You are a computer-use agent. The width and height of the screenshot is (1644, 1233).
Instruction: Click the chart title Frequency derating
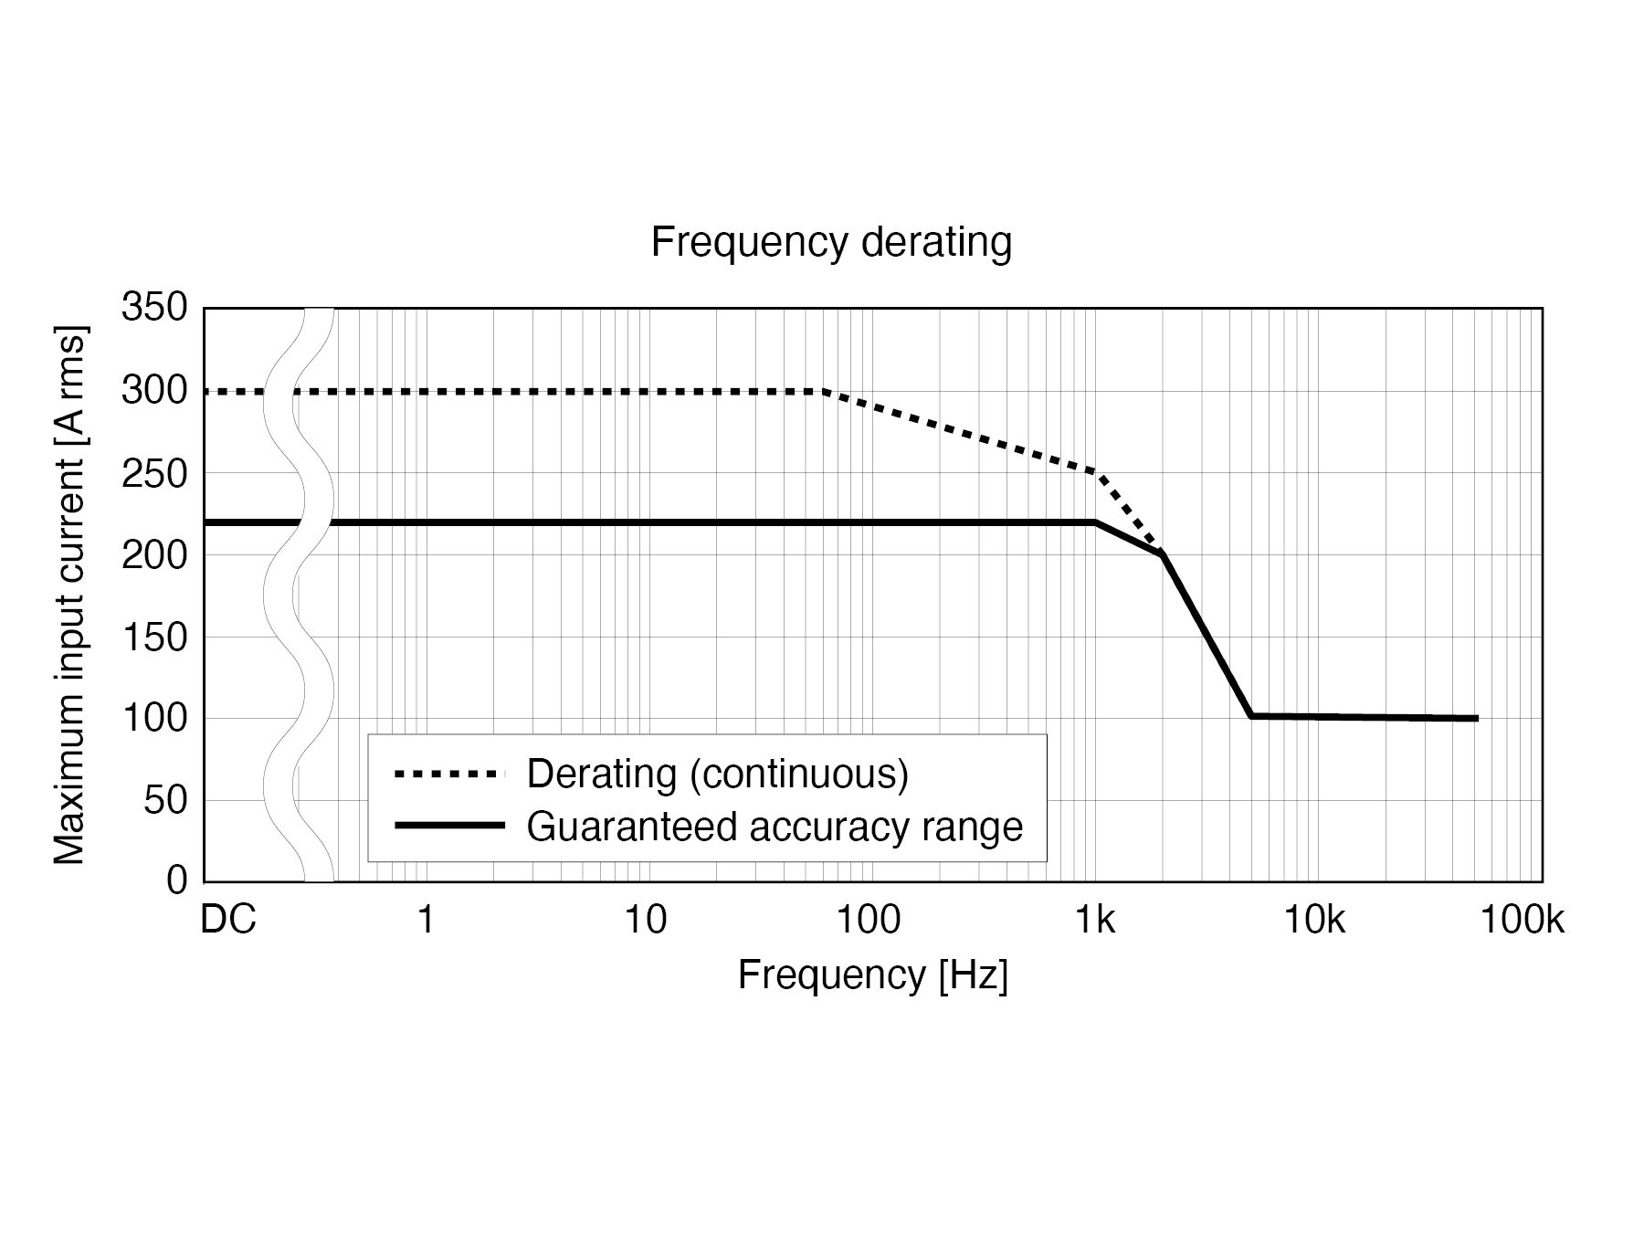(831, 243)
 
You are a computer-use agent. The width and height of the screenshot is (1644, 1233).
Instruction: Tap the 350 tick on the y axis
(154, 309)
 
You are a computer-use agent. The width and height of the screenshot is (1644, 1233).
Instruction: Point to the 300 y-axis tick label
(154, 391)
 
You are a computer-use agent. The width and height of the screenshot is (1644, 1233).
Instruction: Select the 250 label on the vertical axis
(154, 473)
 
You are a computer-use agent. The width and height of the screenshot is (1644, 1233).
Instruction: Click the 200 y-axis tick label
(154, 554)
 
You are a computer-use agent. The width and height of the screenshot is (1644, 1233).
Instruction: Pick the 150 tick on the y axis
(154, 637)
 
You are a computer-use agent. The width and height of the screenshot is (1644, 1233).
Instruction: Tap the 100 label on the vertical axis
(154, 719)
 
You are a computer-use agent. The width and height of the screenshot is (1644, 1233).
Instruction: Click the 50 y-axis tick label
(165, 800)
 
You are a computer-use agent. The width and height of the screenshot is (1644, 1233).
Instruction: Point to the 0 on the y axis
(177, 880)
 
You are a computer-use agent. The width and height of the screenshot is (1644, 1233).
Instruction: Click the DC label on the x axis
(228, 920)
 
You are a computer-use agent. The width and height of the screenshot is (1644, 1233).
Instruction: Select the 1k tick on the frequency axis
(1094, 920)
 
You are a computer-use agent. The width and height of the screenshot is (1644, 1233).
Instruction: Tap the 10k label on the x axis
(1314, 920)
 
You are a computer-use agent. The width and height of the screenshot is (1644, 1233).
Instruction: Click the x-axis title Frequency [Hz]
(872, 975)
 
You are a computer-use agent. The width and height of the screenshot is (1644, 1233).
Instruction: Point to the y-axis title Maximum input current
(70, 595)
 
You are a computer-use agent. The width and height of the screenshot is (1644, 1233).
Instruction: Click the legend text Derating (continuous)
(718, 774)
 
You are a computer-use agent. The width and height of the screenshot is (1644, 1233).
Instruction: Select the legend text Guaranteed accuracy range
(775, 827)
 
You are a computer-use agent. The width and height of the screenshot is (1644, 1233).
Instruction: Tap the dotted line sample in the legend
(449, 775)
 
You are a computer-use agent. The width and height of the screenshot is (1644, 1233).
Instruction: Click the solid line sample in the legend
(449, 826)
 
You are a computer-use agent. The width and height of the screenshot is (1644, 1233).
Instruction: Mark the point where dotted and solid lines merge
(1161, 553)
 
